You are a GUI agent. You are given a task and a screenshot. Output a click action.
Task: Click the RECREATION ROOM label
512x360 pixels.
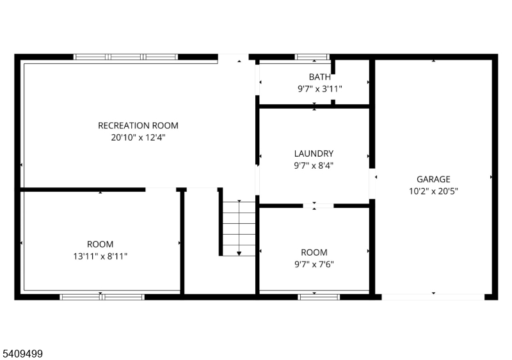tap(138, 126)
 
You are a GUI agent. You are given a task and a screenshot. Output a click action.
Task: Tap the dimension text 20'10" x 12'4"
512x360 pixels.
tap(138, 137)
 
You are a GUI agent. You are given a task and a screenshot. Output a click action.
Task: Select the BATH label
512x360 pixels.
tap(319, 77)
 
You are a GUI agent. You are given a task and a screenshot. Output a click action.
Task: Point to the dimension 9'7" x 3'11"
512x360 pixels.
tap(319, 89)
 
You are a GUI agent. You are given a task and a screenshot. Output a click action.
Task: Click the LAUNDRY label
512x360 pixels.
tap(314, 153)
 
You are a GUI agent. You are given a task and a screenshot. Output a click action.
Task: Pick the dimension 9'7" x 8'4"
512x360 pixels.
tap(314, 166)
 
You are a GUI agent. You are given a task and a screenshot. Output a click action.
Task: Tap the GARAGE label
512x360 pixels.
tap(433, 179)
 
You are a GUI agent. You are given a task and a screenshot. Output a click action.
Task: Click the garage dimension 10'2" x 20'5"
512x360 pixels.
tap(433, 191)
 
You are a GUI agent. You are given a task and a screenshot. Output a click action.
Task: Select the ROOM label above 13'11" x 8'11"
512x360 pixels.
tap(100, 244)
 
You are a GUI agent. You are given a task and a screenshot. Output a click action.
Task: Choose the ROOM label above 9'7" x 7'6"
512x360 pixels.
tap(314, 253)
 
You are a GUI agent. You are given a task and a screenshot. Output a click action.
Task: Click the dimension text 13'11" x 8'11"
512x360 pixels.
tap(100, 256)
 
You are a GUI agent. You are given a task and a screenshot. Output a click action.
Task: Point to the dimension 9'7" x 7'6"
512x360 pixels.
tap(314, 264)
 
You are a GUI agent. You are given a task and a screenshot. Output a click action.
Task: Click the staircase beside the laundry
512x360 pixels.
tap(239, 228)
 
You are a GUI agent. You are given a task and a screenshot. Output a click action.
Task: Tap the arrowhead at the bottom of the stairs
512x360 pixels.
tap(239, 254)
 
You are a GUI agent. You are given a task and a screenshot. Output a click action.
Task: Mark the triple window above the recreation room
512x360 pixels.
tap(125, 57)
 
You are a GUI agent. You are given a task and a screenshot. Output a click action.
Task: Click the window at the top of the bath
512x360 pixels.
tap(312, 57)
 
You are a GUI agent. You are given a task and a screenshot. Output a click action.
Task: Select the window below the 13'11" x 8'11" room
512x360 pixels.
tap(102, 297)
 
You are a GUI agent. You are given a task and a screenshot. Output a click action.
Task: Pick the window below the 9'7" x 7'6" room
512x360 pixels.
tap(319, 297)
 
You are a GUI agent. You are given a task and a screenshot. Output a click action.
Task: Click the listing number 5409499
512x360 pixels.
tap(22, 354)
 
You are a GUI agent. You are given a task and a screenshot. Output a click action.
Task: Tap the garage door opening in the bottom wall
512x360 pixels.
tap(433, 297)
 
